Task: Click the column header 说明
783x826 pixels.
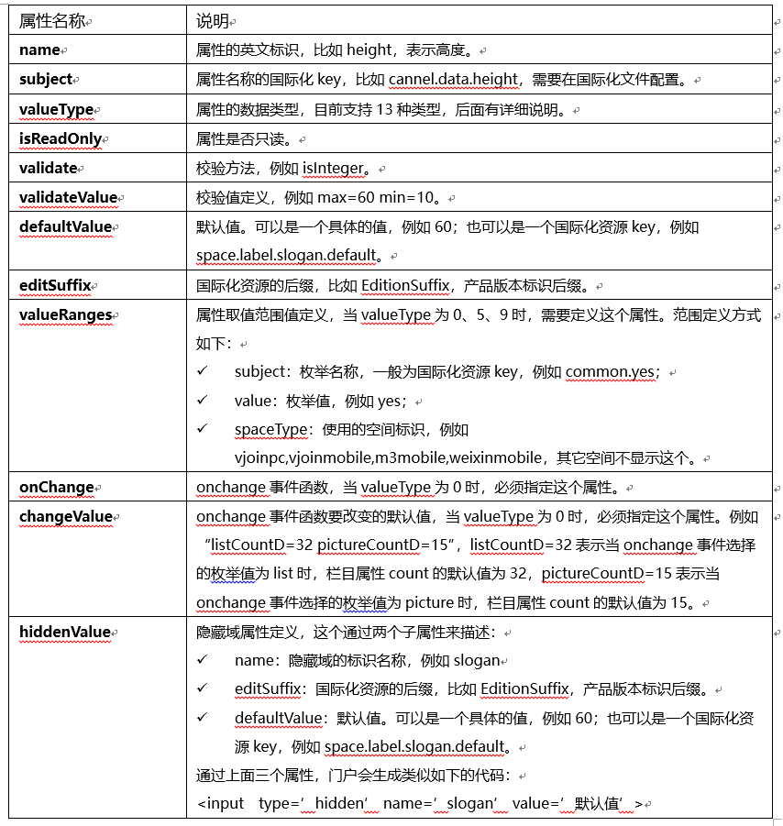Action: point(212,20)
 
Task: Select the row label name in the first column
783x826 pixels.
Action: point(39,50)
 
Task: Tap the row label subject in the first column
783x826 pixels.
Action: point(46,80)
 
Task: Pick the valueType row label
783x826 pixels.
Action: point(57,110)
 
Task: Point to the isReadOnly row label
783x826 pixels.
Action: point(60,139)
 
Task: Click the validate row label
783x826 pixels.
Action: point(48,169)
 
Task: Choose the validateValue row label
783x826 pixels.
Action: point(68,197)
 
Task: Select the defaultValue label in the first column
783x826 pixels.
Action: point(65,226)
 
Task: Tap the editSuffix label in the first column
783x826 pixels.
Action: point(55,285)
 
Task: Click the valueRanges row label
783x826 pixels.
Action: point(65,314)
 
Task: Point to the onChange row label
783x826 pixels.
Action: point(57,488)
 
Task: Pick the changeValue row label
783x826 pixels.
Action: point(65,516)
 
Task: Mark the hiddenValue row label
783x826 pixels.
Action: point(64,632)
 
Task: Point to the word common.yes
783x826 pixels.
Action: point(610,372)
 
